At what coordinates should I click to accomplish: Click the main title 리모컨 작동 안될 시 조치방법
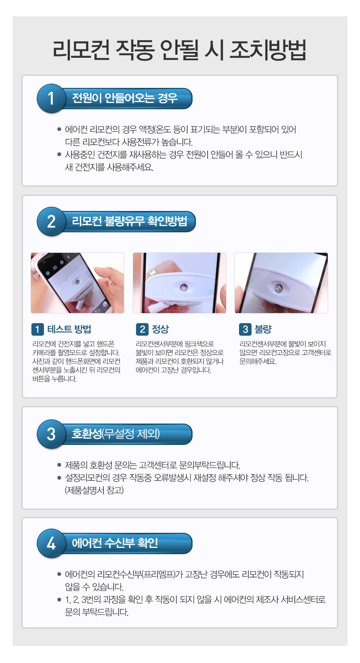coord(180,50)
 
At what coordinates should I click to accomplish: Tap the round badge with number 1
coord(51,98)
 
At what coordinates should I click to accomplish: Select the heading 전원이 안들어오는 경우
coord(125,98)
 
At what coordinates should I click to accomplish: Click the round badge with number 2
coord(51,221)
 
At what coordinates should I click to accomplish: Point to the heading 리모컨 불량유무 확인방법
coord(129,221)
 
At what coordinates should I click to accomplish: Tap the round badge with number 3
coord(51,434)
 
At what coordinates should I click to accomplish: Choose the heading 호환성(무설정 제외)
coord(116,434)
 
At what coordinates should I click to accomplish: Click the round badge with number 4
coord(51,543)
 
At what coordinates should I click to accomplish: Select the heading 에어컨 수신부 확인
coord(115,543)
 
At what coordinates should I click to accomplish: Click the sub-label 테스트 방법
coord(69,329)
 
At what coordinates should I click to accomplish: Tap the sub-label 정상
coord(160,329)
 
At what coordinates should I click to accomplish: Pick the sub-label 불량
coord(263,329)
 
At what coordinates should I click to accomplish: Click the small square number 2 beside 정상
coord(142,329)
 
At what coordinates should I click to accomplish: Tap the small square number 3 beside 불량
coord(245,329)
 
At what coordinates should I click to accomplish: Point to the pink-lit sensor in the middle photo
coord(183,287)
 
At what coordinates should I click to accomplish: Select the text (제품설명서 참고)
coord(94,491)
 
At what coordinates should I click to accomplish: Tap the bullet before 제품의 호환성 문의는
coord(59,465)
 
